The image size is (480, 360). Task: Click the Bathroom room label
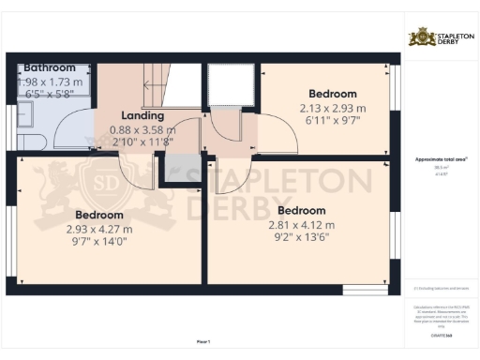click(x=50, y=68)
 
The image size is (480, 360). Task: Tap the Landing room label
click(x=142, y=116)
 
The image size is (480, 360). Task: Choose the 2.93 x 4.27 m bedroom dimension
click(x=98, y=228)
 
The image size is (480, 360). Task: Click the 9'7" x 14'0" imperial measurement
click(x=98, y=241)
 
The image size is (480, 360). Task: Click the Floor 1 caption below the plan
click(x=202, y=341)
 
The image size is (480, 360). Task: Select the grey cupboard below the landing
click(x=174, y=168)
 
